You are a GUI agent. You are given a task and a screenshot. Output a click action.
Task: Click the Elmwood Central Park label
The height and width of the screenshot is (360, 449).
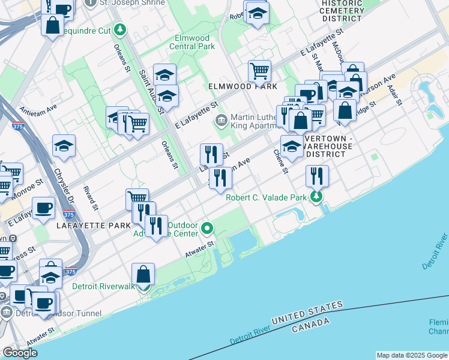coord(191,41)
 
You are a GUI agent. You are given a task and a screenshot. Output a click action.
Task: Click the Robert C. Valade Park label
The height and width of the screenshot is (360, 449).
coord(266,197)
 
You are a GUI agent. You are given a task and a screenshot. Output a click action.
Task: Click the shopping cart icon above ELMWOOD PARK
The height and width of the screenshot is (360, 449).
coord(259,71)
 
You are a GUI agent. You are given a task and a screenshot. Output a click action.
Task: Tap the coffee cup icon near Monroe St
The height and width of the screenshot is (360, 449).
coord(43,208)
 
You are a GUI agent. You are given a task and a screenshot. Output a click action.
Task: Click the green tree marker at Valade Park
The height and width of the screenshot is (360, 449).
coord(316,196)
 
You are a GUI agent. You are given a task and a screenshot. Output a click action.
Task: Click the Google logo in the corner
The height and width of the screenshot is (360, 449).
coord(20,353)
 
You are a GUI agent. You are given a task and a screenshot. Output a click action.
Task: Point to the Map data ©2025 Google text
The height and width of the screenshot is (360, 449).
coord(411,355)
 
